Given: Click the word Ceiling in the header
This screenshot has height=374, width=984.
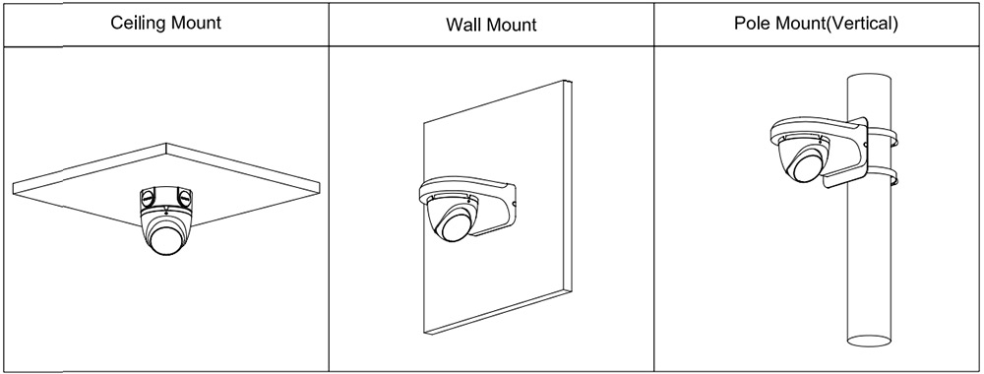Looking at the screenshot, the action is click(135, 25).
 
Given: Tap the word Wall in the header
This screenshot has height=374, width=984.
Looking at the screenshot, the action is click(462, 25).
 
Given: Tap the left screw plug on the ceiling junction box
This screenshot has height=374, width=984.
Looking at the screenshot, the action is click(147, 198).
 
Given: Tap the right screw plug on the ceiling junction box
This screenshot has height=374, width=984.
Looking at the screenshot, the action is click(185, 198).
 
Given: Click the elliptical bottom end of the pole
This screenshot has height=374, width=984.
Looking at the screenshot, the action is click(869, 341).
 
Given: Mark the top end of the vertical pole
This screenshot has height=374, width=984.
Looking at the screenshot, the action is click(869, 78).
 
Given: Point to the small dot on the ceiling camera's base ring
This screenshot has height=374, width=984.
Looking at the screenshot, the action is click(165, 213).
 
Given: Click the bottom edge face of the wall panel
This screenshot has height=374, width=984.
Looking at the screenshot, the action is click(496, 313).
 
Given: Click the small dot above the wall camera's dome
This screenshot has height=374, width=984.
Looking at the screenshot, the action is click(468, 201).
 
